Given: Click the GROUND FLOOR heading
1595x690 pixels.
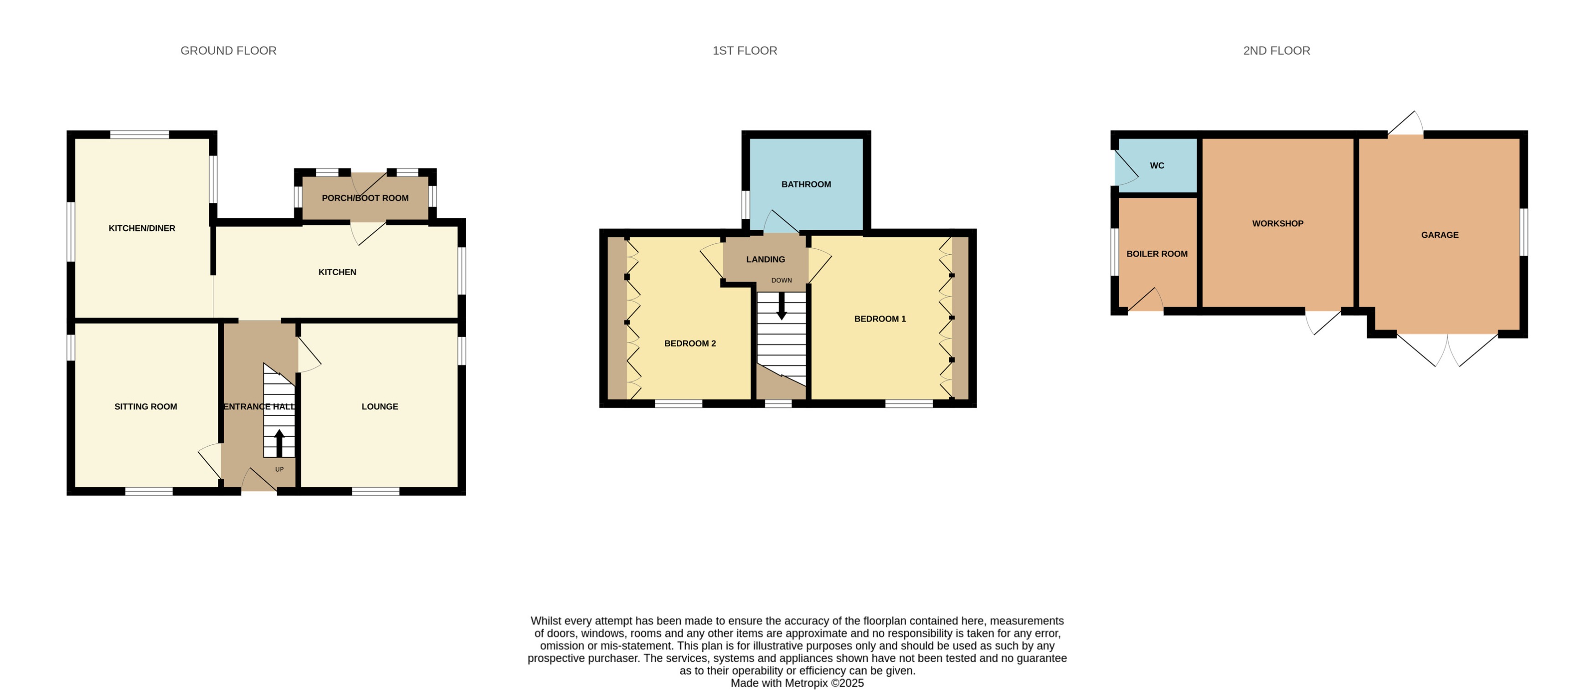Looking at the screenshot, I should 228,51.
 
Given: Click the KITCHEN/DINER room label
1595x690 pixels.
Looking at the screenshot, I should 142,228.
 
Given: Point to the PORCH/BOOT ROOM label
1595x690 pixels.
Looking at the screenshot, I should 365,198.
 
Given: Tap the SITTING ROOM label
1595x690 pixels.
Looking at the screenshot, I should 145,407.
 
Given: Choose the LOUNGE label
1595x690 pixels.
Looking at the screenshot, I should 380,407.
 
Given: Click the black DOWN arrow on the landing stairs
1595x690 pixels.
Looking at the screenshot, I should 782,305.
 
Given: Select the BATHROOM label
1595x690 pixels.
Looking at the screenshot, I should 806,185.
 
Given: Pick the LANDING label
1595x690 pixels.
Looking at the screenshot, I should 765,259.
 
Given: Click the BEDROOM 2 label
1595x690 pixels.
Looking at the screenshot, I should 690,344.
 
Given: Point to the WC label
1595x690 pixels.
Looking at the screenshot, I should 1157,166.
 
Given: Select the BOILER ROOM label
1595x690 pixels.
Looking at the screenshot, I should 1157,254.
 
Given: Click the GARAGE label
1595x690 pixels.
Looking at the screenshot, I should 1440,235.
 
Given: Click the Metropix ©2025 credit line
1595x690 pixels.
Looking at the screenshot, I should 797,683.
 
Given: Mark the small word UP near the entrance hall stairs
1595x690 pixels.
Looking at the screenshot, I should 279,469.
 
